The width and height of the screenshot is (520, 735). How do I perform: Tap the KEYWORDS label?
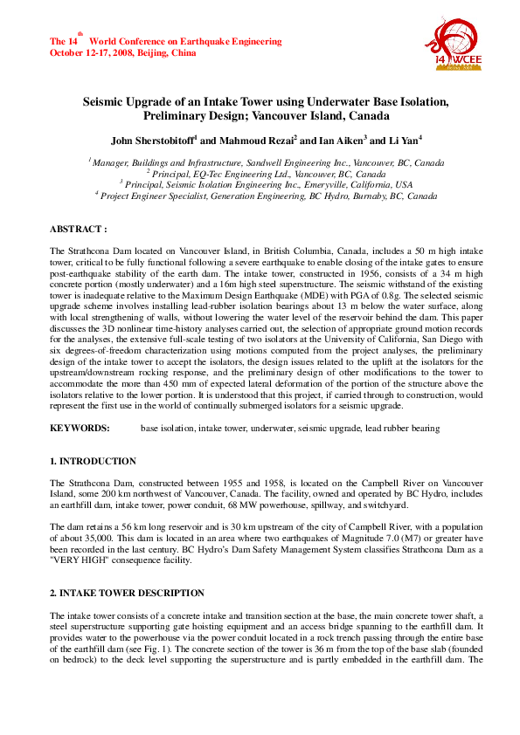80,429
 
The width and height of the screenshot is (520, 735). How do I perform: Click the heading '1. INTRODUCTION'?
93,461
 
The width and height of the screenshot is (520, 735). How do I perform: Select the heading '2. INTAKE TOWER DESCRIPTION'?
127,593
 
